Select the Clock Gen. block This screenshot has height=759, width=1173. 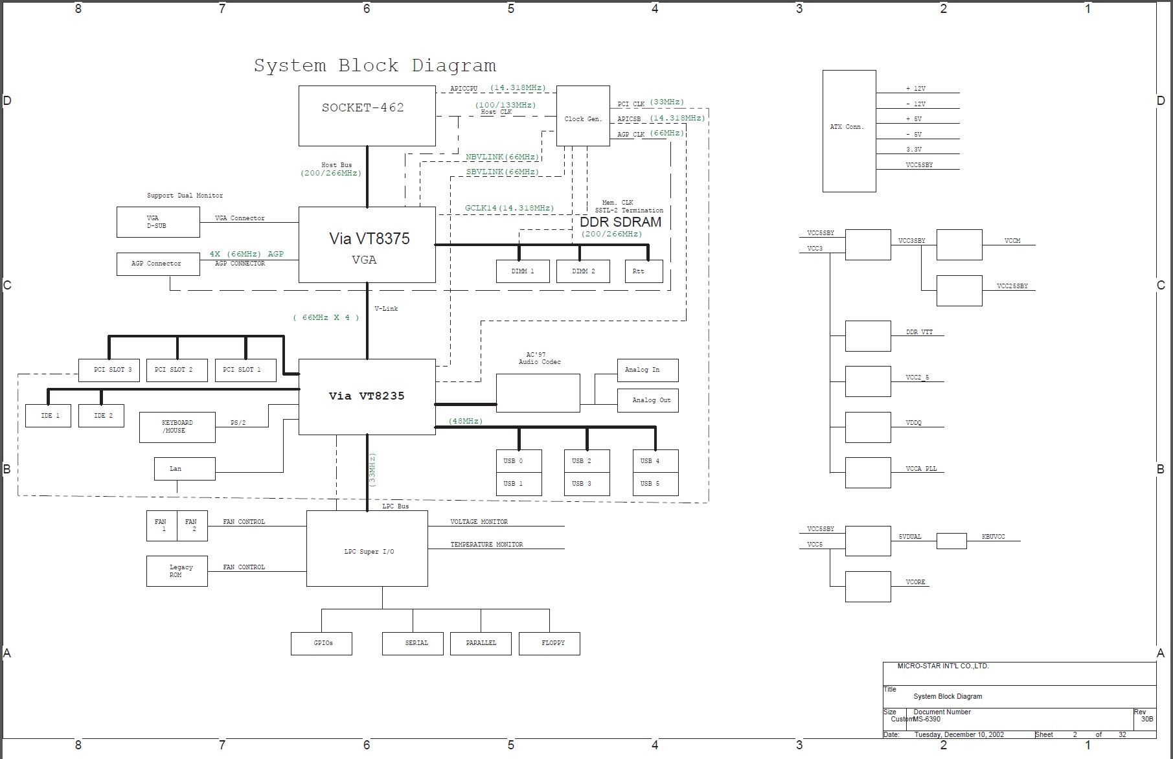(x=583, y=116)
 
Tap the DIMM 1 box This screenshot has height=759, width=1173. (x=523, y=271)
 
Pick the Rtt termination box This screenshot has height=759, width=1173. (x=643, y=271)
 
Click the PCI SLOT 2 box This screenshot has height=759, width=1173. (x=177, y=370)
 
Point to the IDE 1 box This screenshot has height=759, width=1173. (x=48, y=416)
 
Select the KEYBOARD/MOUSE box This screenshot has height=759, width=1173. (x=177, y=427)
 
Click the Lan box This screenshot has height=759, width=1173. (x=184, y=469)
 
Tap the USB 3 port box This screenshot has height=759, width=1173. (x=586, y=484)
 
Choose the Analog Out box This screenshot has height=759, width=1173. (x=648, y=400)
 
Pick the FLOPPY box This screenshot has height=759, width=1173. (x=549, y=643)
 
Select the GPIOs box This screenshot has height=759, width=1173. (x=321, y=643)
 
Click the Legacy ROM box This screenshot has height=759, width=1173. (x=177, y=571)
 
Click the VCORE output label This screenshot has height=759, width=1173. (x=915, y=582)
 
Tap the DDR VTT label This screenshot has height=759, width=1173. (x=919, y=332)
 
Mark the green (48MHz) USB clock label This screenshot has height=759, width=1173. (x=466, y=421)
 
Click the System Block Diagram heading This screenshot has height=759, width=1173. (x=374, y=66)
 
